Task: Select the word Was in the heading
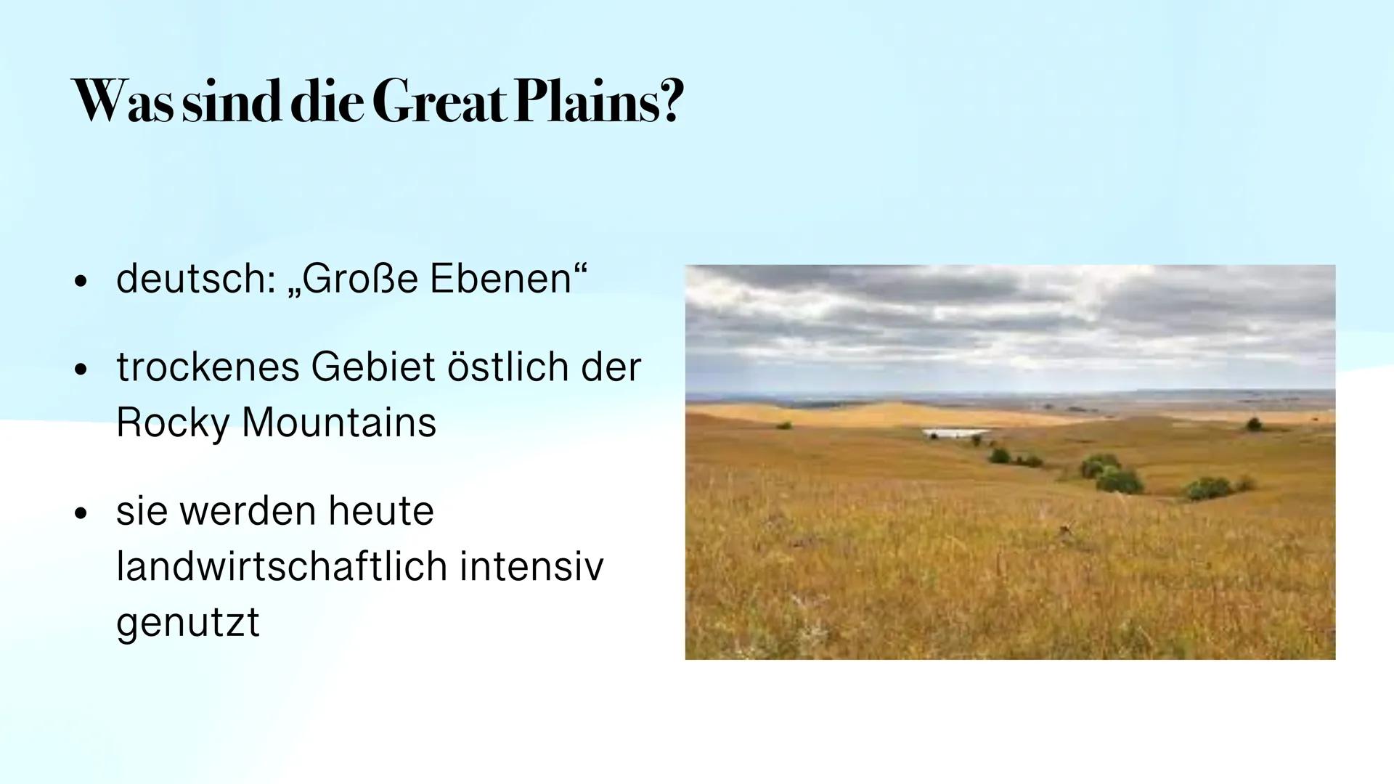pos(123,102)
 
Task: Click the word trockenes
pos(207,367)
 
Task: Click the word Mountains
pos(339,422)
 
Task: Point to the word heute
pos(380,511)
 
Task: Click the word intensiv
pos(531,567)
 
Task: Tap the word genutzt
pos(187,622)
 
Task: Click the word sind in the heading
pos(232,102)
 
